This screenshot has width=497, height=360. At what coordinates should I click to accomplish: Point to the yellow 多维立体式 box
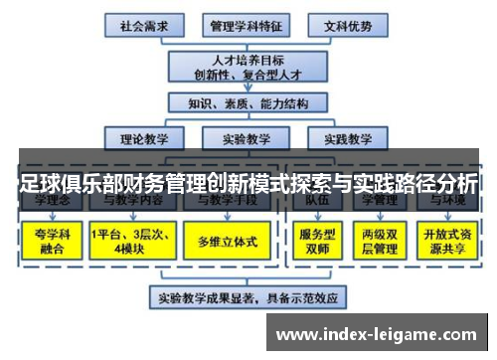[x=224, y=242]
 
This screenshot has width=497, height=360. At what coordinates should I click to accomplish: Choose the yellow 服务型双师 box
[x=317, y=242]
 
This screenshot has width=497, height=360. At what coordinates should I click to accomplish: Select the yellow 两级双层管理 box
[x=380, y=242]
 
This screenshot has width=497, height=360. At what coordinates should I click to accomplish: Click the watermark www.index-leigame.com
[x=377, y=330]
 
